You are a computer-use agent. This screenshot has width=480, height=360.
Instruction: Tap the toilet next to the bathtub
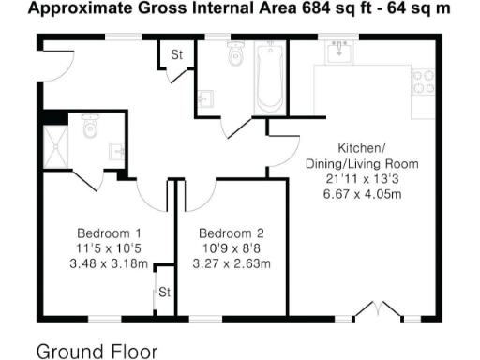point(234,58)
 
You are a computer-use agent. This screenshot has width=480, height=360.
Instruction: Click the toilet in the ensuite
point(90,127)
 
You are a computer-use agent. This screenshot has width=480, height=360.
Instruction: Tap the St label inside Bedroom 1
point(164,292)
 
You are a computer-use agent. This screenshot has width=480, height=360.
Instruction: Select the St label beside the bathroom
point(175,55)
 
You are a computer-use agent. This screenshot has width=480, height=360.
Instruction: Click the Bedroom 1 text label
point(110,233)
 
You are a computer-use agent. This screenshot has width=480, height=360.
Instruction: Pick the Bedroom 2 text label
point(231,233)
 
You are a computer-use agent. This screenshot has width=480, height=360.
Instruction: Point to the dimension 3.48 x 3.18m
point(110,263)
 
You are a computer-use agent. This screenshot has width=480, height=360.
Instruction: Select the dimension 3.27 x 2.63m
point(231,263)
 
